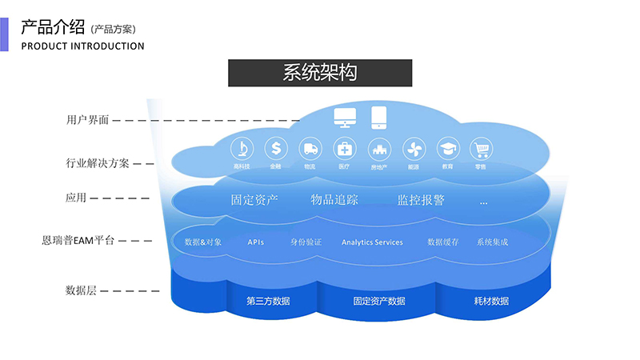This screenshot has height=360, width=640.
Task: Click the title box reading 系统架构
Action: (320, 73)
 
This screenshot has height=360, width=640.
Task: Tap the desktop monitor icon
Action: (346, 118)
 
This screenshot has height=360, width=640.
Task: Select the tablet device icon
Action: (378, 118)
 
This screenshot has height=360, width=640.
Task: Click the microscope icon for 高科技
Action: (242, 149)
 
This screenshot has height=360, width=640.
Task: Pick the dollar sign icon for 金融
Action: (276, 149)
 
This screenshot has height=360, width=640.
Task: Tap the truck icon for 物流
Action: (310, 149)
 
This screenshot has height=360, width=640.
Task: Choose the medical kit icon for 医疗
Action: (344, 149)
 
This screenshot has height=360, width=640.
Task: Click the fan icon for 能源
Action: (413, 149)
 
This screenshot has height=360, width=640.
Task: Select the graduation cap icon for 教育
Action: (447, 149)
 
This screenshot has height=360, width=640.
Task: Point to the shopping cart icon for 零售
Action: (481, 149)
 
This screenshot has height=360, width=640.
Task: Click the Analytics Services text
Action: (372, 242)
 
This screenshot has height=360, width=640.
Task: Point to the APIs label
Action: (256, 242)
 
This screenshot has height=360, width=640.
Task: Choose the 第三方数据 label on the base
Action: (268, 302)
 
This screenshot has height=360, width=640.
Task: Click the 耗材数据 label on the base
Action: (491, 302)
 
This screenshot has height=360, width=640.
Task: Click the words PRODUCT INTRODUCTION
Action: (82, 46)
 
